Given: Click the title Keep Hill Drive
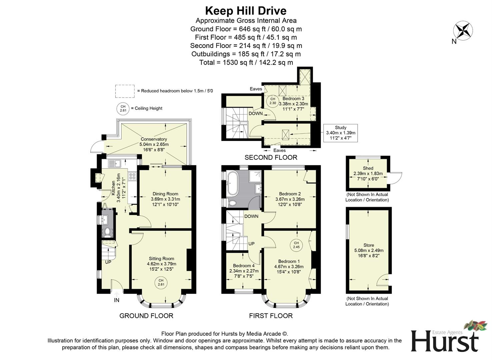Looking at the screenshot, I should coord(246,11).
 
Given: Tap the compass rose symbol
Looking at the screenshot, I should coord(463,31).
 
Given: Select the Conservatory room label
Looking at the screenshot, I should coord(154,139).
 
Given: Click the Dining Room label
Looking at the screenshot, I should coord(165,194).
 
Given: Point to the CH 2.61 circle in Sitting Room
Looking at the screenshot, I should coord(161,282).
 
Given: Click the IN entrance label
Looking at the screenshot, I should coord(117,300).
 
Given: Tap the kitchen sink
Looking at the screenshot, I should coord(114,163).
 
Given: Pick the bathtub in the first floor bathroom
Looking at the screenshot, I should coord(232,183).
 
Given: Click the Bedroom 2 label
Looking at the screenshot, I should coord(290,194).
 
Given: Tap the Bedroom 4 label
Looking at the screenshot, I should coord(244,266).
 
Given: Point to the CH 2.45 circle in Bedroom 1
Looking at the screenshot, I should coord(296,245).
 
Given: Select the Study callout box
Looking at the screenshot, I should coord(340,133).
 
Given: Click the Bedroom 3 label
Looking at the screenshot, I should coord(293,99).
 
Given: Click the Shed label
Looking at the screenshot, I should coord(368,168).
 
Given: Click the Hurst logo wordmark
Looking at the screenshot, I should coord(444,341).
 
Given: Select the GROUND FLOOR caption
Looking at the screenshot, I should coord(146,316).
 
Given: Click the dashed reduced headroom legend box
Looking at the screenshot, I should coord(125,91).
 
